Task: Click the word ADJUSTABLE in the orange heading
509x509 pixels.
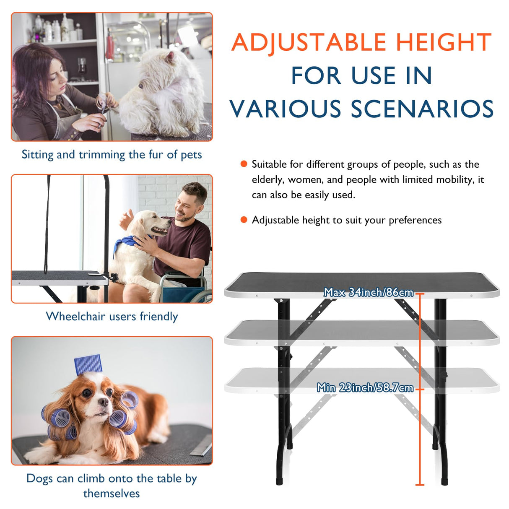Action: [x=309, y=42]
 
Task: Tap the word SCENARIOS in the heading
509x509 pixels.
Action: [x=422, y=109]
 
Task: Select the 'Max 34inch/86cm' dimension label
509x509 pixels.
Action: [x=368, y=292]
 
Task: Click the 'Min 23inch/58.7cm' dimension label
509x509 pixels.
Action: [x=365, y=388]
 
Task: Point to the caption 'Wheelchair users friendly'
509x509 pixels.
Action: [x=112, y=317]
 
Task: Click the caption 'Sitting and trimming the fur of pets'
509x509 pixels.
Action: [x=112, y=155]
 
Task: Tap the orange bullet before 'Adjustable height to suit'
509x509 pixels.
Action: [x=244, y=220]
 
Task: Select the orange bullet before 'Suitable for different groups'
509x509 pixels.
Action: [x=244, y=164]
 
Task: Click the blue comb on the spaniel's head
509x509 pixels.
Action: [x=88, y=364]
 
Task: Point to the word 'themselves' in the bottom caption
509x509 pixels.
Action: [x=112, y=493]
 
